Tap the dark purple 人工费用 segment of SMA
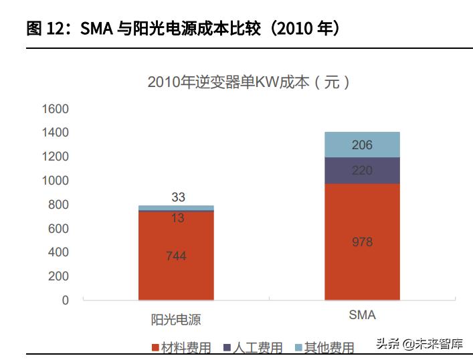[x=362, y=170]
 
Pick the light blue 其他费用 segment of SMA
[x=362, y=145]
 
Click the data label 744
[x=176, y=256]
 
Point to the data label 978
[x=362, y=242]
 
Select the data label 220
[x=362, y=171]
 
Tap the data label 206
[x=362, y=145]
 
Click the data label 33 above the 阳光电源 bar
[x=178, y=197]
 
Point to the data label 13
[x=177, y=218]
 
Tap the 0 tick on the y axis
[x=65, y=300]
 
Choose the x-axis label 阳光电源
[x=177, y=319]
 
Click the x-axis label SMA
[x=362, y=315]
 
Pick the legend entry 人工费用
[x=258, y=347]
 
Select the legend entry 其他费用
[x=328, y=347]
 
